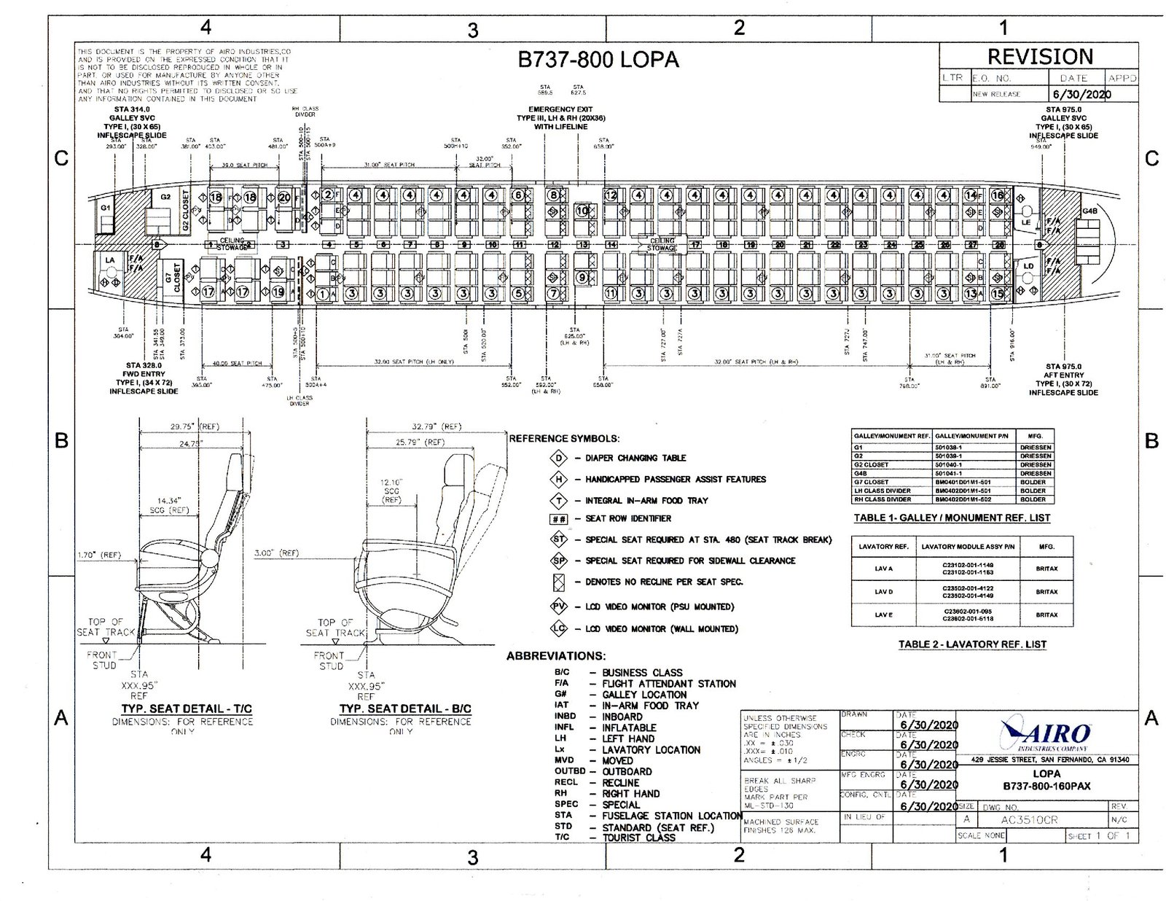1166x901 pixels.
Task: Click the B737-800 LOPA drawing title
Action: pos(598,60)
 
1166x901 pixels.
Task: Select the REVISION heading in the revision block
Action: pos(1039,57)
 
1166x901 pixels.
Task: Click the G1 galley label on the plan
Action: pos(106,208)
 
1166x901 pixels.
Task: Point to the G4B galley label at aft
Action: pos(1089,211)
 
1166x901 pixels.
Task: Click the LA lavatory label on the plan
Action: pos(110,260)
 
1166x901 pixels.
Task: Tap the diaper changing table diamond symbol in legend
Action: pos(559,458)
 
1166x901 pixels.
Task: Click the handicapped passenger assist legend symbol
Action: pos(559,479)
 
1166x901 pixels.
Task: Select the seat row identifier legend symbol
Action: pos(559,519)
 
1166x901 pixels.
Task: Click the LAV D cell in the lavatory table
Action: pos(883,592)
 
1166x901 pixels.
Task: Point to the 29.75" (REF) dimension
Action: pos(195,427)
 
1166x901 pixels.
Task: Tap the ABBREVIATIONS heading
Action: pos(556,656)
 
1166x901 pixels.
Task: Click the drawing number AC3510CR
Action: pos(1029,819)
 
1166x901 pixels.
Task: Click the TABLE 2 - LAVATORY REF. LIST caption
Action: pos(972,644)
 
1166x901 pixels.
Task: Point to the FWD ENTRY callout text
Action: pos(144,374)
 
